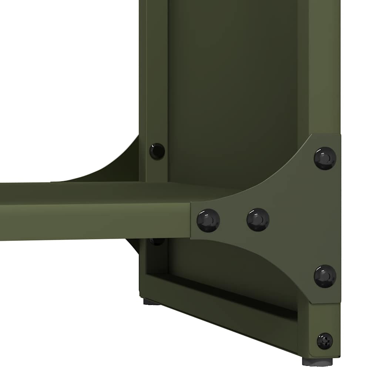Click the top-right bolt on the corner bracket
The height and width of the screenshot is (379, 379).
pyautogui.click(x=325, y=158)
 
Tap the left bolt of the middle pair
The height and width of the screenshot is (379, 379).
pyautogui.click(x=208, y=220)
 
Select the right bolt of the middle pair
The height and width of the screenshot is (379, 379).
pyautogui.click(x=258, y=219)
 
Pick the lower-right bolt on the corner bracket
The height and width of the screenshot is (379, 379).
pyautogui.click(x=325, y=276)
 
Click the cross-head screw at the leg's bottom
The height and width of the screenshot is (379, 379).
pyautogui.click(x=325, y=341)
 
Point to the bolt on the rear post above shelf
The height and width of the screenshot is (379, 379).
pyautogui.click(x=157, y=151)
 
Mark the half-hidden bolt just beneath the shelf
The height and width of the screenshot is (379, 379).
pyautogui.click(x=157, y=242)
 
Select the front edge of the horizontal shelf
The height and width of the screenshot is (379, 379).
pyautogui.click(x=93, y=222)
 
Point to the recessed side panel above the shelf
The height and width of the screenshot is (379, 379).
pyautogui.click(x=233, y=93)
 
